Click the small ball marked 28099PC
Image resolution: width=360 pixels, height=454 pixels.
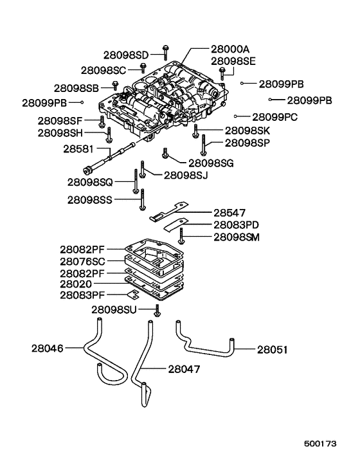[237, 116]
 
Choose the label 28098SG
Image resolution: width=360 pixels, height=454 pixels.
[211, 163]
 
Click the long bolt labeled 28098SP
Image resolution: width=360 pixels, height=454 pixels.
[203, 145]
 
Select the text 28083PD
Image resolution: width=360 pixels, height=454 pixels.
[237, 225]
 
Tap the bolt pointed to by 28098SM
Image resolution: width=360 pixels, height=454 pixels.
[183, 236]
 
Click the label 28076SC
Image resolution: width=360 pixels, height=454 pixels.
[83, 261]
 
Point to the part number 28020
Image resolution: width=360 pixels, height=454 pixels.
[75, 284]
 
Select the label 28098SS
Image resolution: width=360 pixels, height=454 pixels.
[89, 200]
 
